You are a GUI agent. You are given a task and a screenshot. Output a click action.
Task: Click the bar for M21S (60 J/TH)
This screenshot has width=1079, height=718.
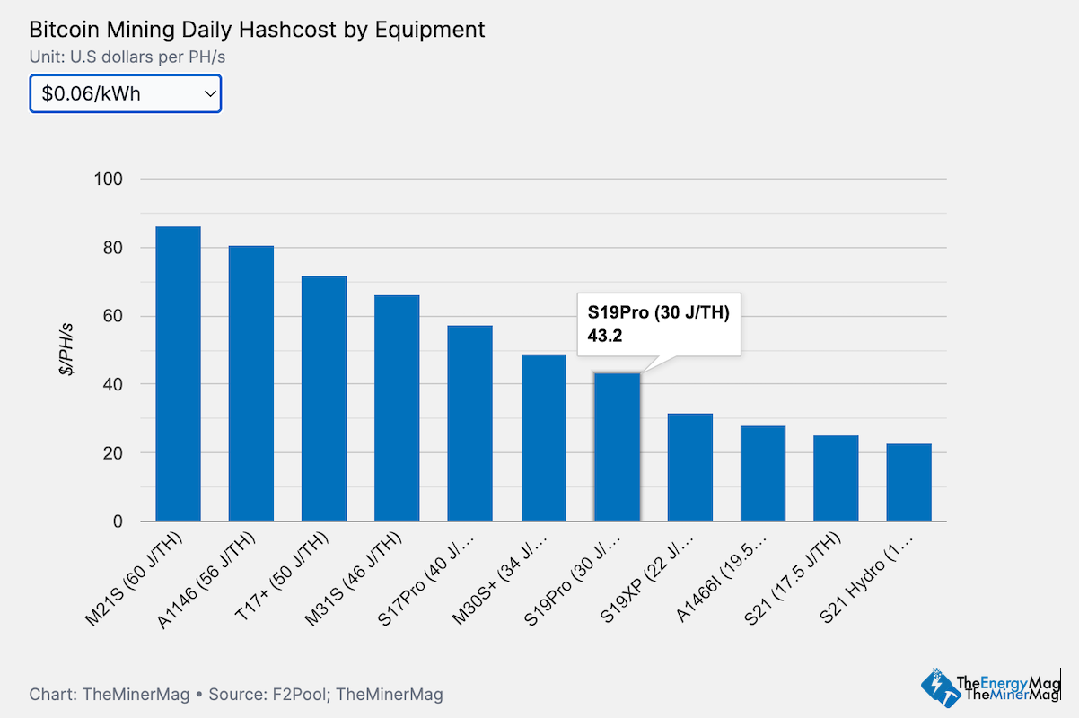coord(178,373)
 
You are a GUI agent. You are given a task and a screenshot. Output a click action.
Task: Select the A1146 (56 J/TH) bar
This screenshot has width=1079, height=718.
coord(251,383)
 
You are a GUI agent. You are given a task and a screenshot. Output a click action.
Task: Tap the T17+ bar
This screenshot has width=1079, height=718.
coord(324,398)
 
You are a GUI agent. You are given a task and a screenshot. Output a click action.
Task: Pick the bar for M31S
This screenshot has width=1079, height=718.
coord(397,408)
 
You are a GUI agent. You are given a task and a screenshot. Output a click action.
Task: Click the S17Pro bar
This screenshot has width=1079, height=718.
coord(470,423)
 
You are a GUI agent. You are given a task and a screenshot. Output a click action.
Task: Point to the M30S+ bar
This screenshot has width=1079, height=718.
coord(543,438)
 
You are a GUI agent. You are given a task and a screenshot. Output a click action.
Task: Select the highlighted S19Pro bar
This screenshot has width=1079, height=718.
coord(617,447)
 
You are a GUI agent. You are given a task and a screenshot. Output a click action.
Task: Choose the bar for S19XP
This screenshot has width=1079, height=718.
coord(689,467)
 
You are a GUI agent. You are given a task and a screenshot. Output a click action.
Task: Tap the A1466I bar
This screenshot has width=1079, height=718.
coord(763,473)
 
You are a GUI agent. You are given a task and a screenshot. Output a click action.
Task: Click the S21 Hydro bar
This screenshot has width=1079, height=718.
coord(908,482)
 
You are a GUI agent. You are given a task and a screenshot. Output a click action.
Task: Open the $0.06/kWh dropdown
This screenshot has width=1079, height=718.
coord(126,93)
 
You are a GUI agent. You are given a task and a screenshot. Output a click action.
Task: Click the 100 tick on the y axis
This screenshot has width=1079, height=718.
coord(109,179)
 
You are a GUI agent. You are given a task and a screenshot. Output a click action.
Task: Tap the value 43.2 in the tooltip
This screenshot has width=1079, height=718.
coord(605,336)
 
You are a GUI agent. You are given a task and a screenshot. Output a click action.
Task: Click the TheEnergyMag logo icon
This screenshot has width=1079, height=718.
coord(937,687)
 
